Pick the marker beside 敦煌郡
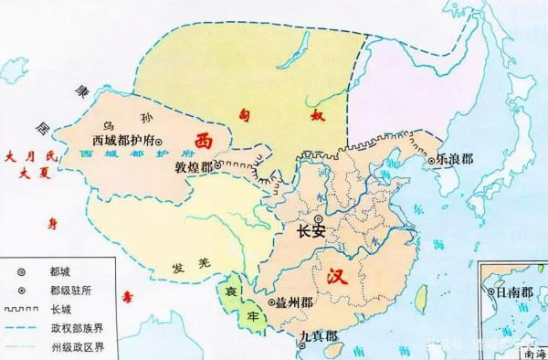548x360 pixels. [217, 166]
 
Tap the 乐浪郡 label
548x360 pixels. [458, 157]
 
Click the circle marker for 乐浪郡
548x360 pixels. [432, 159]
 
